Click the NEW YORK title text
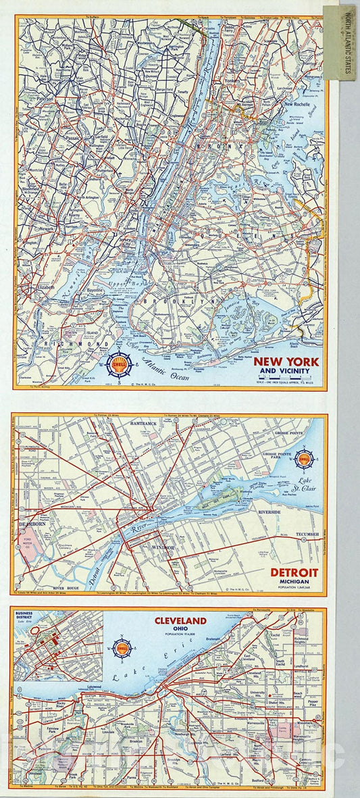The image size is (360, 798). click(286, 361)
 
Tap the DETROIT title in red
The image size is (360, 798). click(295, 573)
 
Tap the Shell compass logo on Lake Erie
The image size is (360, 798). click(122, 648)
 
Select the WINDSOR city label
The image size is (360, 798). click(163, 547)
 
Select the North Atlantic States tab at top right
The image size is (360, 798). click(339, 42)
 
